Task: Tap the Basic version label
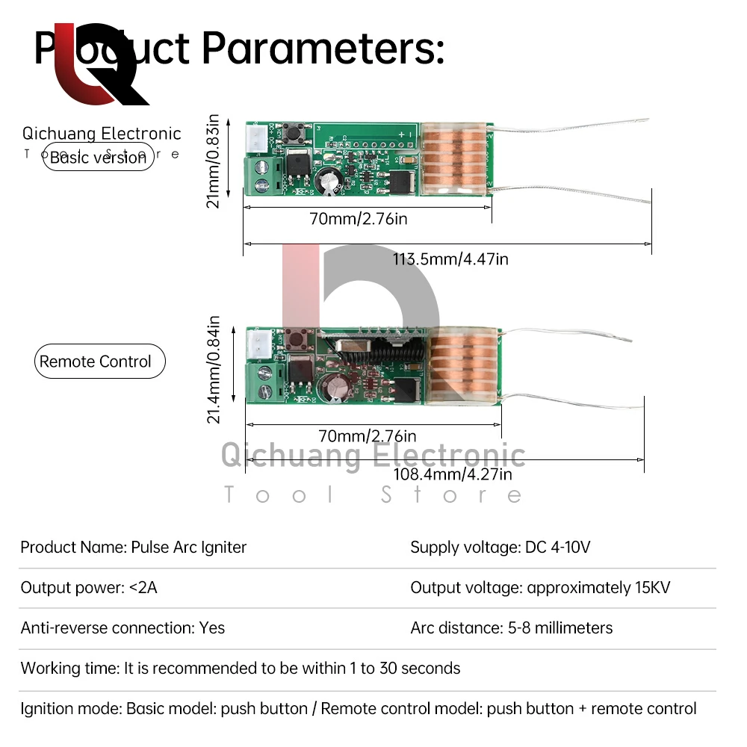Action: click(x=98, y=158)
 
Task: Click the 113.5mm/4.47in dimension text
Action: click(x=450, y=259)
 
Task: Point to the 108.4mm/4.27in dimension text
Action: click(x=453, y=474)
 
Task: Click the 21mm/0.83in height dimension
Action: click(x=214, y=161)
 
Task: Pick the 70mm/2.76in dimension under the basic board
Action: click(x=359, y=219)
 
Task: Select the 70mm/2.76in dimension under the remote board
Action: click(x=368, y=436)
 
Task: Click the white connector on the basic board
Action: click(x=254, y=139)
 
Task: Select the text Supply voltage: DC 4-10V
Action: click(x=500, y=548)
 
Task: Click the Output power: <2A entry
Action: click(x=89, y=588)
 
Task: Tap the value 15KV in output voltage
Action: click(x=652, y=588)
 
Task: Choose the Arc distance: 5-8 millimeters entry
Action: click(x=512, y=628)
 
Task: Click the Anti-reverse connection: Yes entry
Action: click(x=123, y=628)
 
